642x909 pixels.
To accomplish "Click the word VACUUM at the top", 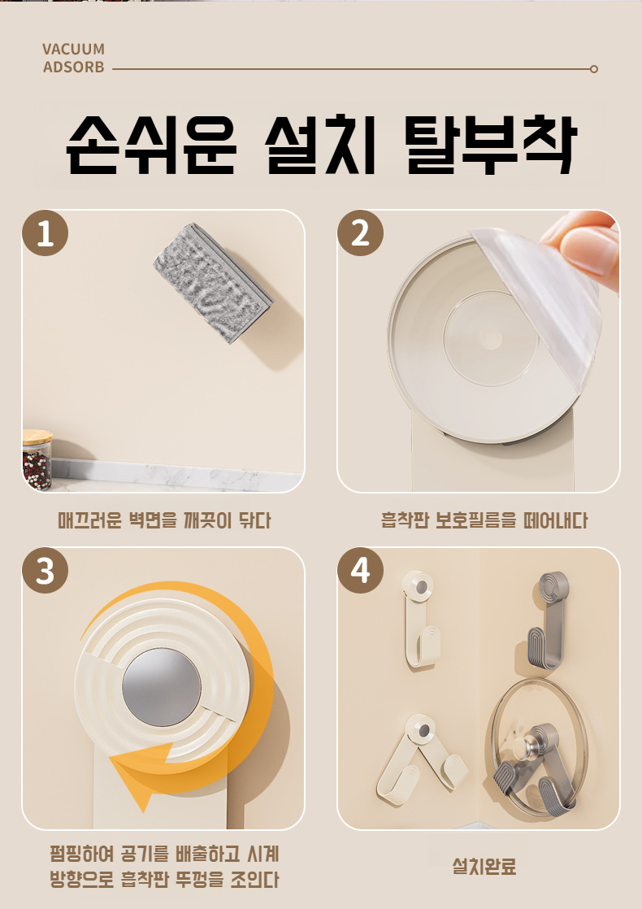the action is [x=74, y=50].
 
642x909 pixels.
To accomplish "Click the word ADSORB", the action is [x=74, y=67].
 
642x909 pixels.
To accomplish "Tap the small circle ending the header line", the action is [x=594, y=69].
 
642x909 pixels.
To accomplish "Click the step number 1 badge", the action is [x=46, y=233].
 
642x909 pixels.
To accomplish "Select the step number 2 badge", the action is [x=360, y=233].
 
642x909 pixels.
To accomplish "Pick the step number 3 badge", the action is [x=46, y=571].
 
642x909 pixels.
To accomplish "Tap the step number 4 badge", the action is [x=360, y=571].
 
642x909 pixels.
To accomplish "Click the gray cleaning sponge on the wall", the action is [x=213, y=282].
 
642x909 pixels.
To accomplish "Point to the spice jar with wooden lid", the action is [x=37, y=459].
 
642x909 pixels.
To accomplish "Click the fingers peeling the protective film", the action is [x=583, y=246].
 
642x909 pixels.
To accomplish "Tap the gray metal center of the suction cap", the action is [x=162, y=687].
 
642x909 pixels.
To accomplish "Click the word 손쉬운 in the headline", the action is [x=151, y=146].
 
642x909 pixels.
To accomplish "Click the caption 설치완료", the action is [x=484, y=867].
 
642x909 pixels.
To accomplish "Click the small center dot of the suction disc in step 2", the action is [x=490, y=339].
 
